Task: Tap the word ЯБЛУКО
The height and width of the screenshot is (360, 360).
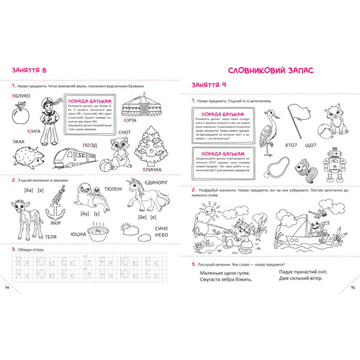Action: pyautogui.click(x=22, y=95)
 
